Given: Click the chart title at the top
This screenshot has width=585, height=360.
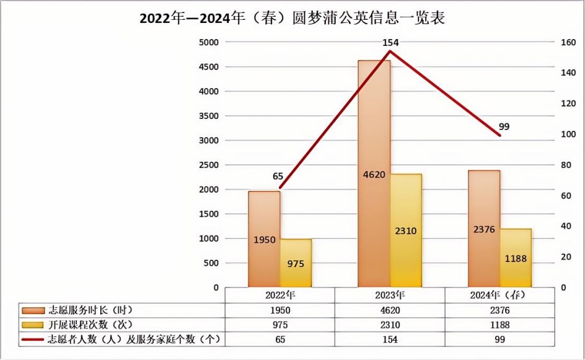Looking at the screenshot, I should coord(292,18).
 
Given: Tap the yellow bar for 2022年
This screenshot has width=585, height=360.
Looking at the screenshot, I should coord(296,263).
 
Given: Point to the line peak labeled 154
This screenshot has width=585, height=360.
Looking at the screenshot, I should coord(390,51).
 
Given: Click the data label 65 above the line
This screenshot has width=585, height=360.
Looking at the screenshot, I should coord(278,177).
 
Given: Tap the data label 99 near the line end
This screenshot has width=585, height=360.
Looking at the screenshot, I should coord(504,126).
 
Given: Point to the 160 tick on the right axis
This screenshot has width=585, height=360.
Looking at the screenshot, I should coord(568,42).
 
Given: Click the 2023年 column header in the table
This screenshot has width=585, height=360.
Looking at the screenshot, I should coord(390,295).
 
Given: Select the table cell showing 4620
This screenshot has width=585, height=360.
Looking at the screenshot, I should coord(390,310).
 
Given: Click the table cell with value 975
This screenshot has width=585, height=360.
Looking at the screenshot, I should coord(280,325).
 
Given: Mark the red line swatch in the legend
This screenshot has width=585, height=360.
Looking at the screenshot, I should coord(30,340).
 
